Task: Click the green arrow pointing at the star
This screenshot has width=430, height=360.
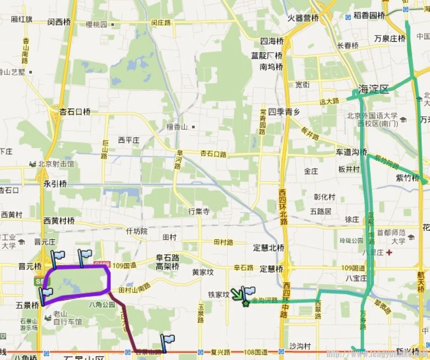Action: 236,294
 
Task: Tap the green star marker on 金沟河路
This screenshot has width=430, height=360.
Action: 245,303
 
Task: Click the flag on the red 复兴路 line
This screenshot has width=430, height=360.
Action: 167,340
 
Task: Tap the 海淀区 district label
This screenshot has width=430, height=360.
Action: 374,89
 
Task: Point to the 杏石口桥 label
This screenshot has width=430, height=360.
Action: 75,112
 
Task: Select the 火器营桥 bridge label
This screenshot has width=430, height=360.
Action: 303,18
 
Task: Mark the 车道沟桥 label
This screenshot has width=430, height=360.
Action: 351,152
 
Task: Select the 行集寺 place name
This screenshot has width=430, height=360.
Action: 199,211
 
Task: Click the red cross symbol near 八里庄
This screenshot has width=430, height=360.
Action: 389,253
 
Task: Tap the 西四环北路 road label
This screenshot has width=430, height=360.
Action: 283,207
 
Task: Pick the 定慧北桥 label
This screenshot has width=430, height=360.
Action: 269,248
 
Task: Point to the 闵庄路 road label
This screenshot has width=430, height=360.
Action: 161,23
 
